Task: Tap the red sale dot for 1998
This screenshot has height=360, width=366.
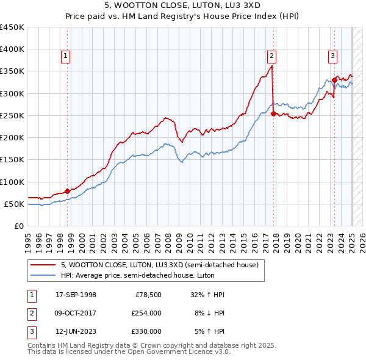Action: click(x=67, y=191)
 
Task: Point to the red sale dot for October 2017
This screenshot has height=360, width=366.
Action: click(x=273, y=113)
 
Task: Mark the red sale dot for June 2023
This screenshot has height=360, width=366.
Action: click(x=334, y=80)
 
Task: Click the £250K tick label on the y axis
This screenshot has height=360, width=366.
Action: click(x=12, y=115)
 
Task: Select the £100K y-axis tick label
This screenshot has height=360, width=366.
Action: click(x=12, y=182)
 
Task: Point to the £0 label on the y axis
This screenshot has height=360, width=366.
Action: click(x=18, y=226)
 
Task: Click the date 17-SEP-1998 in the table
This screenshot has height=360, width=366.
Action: click(x=76, y=295)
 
